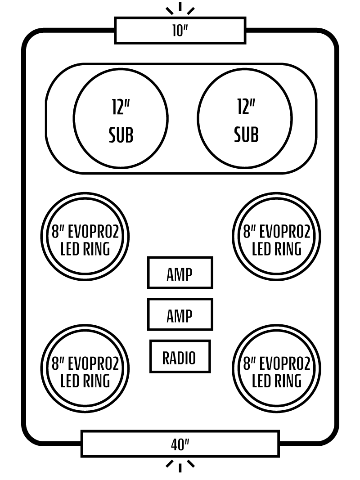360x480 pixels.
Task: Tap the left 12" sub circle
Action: (121, 119)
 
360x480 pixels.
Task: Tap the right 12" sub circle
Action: (245, 119)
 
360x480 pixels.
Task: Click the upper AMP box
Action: (180, 273)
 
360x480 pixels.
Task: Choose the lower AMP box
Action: (180, 314)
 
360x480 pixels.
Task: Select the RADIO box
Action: (180, 356)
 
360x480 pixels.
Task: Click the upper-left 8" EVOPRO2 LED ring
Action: (85, 237)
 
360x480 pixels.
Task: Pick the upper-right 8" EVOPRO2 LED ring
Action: (276, 237)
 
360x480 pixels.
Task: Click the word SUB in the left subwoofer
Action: (121, 135)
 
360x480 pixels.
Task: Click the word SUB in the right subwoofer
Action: (246, 135)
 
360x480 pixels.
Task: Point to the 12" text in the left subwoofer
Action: (121, 107)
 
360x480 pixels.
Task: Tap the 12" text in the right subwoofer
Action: (246, 107)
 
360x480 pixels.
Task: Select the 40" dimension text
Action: (180, 445)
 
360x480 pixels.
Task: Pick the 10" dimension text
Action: (180, 31)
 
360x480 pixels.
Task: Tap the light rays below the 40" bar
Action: (180, 465)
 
